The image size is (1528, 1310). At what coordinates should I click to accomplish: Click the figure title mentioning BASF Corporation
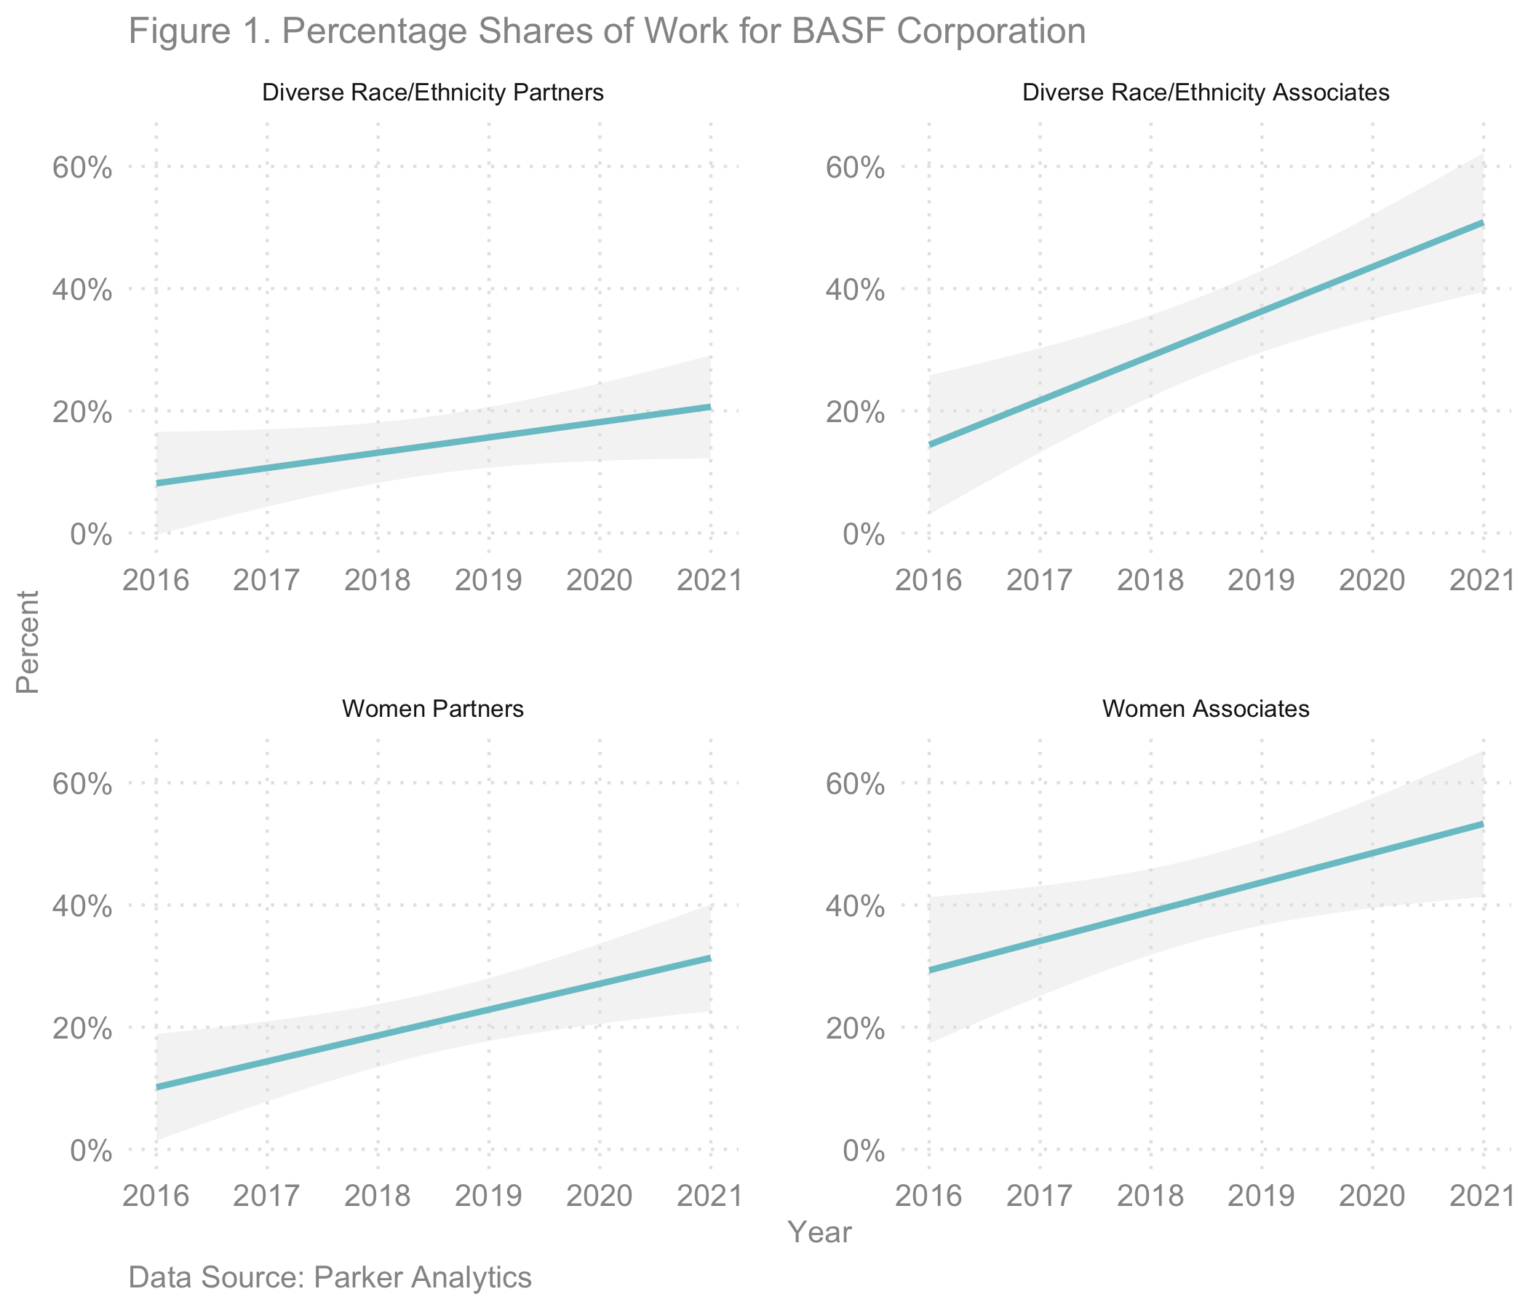(x=607, y=33)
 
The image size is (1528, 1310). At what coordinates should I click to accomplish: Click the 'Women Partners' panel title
(x=434, y=710)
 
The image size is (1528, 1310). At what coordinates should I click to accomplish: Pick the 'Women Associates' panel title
(x=1206, y=710)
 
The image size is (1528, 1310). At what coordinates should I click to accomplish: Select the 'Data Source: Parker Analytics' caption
(x=330, y=1277)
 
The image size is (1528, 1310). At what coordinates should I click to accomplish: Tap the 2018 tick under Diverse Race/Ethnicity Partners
(x=378, y=581)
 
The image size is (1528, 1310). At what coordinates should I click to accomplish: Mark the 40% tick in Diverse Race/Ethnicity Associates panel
(x=855, y=290)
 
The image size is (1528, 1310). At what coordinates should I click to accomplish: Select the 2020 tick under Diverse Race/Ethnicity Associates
(x=1372, y=581)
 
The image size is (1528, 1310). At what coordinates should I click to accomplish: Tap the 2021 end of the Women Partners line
(x=710, y=958)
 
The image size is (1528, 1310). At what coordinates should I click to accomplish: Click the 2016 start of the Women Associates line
(x=930, y=971)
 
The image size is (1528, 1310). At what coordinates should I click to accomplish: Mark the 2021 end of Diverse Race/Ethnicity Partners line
(x=710, y=406)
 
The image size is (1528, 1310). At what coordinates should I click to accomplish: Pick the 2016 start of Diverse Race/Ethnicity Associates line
(x=930, y=445)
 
